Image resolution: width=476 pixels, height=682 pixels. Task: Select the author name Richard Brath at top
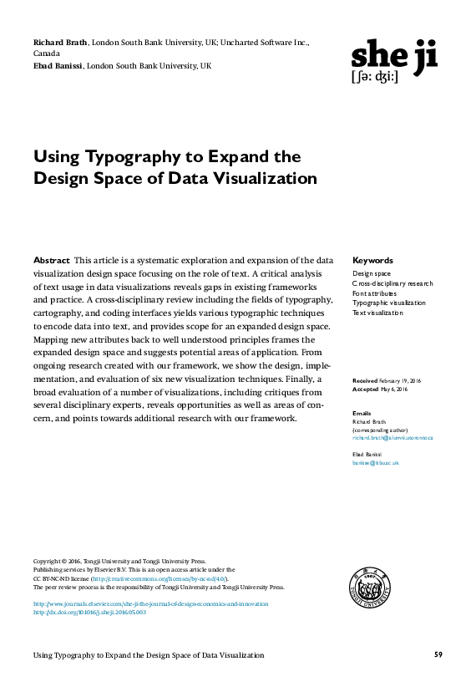[x=60, y=42]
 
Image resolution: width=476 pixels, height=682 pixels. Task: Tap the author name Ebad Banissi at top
[x=58, y=65]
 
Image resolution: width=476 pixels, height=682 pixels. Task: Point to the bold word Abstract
[x=51, y=261]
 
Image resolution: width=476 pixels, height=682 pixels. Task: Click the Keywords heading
[x=372, y=261]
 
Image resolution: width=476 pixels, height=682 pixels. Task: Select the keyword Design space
[x=371, y=274]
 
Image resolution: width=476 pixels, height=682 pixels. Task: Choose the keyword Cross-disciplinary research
[x=392, y=283]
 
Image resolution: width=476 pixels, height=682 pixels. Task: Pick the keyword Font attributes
[x=374, y=293]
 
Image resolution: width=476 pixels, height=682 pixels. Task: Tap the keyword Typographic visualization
[x=388, y=303]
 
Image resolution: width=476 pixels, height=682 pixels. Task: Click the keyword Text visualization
[x=377, y=313]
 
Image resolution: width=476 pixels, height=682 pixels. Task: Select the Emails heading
[x=362, y=414]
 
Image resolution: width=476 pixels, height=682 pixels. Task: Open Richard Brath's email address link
[x=392, y=438]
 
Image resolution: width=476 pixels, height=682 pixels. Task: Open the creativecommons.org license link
[x=159, y=578]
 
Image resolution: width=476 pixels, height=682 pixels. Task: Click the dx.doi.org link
[x=89, y=612]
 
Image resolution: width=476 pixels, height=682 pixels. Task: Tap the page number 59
[x=438, y=654]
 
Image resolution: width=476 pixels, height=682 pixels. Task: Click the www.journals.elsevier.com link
[x=150, y=603]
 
